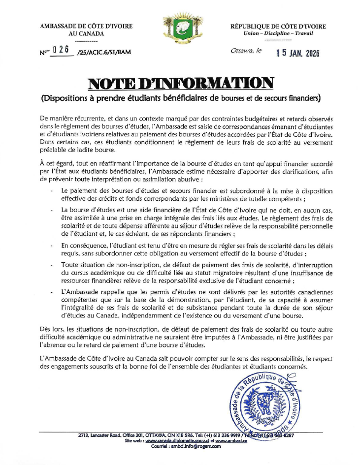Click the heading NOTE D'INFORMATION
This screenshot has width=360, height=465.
180,82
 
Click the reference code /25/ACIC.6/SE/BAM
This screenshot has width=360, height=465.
104,52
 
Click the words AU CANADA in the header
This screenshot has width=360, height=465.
86,33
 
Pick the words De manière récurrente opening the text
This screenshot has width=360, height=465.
68,120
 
